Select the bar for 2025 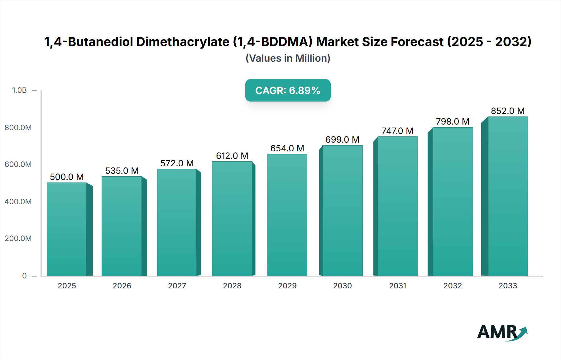[67, 229]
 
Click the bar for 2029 [287, 215]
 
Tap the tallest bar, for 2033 [508, 196]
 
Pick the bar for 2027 [177, 222]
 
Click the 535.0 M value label [122, 171]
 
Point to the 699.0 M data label [342, 140]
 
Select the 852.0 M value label [508, 111]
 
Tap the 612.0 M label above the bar [232, 156]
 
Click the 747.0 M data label [397, 131]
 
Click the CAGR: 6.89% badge [288, 90]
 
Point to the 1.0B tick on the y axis [19, 90]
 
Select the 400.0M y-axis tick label [18, 201]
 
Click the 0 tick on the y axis [24, 276]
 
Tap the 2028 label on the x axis [232, 286]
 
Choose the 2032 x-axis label [453, 286]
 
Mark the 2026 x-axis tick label [122, 286]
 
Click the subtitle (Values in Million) [288, 58]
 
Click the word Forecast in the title [417, 42]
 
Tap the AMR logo [502, 332]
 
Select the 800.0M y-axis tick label [18, 127]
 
